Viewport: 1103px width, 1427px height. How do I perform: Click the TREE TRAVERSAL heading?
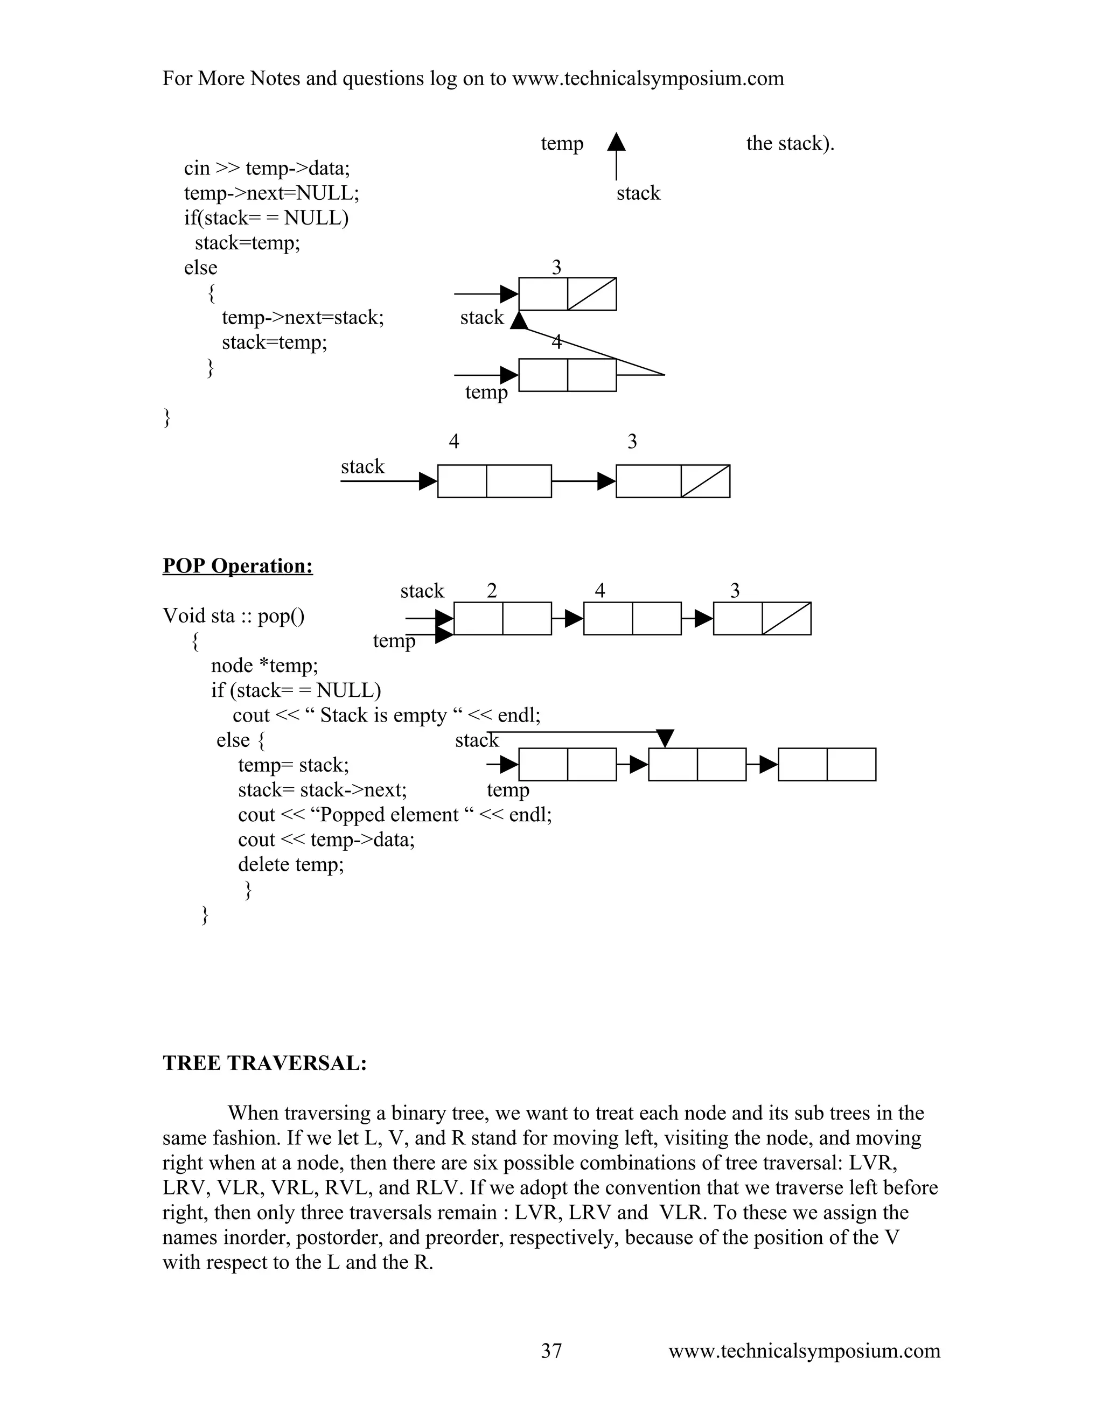click(264, 1063)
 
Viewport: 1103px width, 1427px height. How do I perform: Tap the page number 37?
click(551, 1351)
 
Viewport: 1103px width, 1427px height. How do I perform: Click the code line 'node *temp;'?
click(264, 665)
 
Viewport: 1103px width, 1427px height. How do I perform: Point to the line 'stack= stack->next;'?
click(322, 790)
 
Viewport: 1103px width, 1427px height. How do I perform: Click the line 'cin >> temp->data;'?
click(267, 168)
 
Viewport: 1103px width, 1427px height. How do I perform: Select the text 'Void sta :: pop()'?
click(233, 615)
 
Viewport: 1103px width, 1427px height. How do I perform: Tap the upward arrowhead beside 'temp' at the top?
click(616, 143)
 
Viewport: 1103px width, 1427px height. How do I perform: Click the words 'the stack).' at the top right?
click(790, 143)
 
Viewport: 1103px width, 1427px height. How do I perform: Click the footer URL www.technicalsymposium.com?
click(804, 1351)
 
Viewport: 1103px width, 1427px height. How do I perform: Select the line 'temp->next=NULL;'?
click(271, 193)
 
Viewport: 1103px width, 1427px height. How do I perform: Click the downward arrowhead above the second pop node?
click(665, 739)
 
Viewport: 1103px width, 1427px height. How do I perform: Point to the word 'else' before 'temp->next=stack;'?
click(200, 267)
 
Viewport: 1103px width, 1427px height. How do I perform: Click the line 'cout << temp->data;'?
click(326, 840)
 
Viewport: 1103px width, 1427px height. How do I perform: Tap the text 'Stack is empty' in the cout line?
click(383, 716)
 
